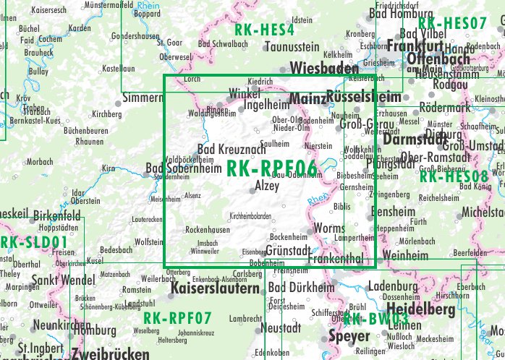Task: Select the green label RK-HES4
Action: (x=264, y=30)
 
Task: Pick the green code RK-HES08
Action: (x=454, y=176)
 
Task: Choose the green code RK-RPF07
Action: (x=177, y=318)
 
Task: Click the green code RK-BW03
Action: (x=375, y=319)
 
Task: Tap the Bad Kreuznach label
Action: (x=232, y=148)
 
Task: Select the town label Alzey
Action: (x=267, y=187)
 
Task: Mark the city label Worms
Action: (x=331, y=229)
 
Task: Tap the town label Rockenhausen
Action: (x=208, y=229)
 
